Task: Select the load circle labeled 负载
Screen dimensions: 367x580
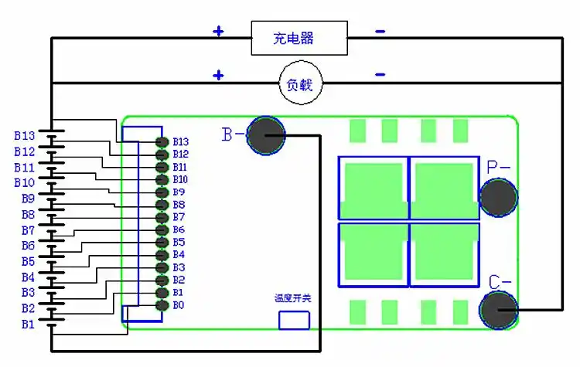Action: [x=299, y=82]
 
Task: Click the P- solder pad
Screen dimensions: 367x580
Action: [x=499, y=197]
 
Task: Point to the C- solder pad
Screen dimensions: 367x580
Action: [x=499, y=310]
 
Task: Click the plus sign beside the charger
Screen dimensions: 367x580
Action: [x=219, y=32]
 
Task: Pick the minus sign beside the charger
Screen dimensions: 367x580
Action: [x=380, y=32]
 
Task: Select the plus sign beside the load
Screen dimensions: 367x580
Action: [x=219, y=75]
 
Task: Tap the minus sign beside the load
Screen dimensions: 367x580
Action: [x=380, y=75]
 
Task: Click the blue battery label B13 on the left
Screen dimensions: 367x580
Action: [x=24, y=135]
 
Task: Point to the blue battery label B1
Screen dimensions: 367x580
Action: [x=27, y=325]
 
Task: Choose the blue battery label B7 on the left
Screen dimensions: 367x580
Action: [x=27, y=230]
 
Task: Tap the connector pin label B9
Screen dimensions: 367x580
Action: [x=179, y=192]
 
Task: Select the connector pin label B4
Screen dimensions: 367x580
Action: [x=179, y=254]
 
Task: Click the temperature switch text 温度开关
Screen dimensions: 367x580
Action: [x=293, y=298]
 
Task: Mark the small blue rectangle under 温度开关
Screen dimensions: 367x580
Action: [x=294, y=320]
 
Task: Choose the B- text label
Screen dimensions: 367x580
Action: [x=234, y=134]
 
